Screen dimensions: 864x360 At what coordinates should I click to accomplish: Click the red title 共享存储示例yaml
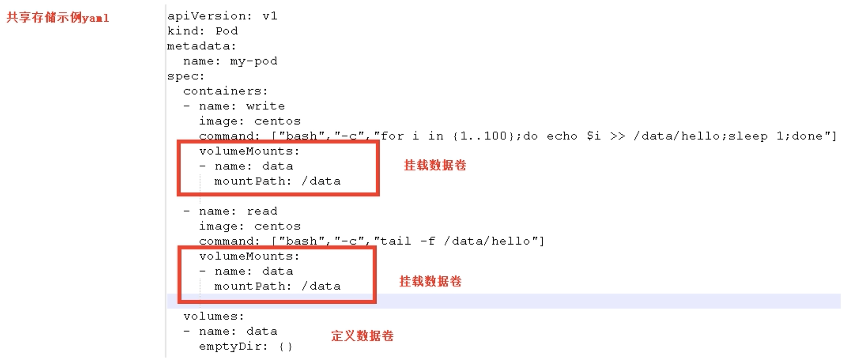coord(58,17)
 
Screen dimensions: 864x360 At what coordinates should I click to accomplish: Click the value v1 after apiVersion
coord(270,16)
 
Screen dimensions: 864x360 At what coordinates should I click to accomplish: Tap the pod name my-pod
coord(253,61)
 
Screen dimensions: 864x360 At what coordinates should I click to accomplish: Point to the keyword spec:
coord(186,76)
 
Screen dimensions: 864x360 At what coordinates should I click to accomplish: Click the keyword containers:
coord(225,91)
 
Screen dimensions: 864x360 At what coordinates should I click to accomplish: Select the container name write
coord(265,106)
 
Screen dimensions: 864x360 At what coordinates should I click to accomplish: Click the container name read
coord(262,211)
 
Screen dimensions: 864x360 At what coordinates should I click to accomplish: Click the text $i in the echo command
coord(593,136)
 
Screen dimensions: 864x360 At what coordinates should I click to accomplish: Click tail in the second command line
coord(395,241)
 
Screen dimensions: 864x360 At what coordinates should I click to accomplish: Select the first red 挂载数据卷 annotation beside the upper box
coord(435,165)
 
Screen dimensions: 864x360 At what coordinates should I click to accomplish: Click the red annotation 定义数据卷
coord(362,336)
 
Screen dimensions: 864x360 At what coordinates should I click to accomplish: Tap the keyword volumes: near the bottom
coord(214,316)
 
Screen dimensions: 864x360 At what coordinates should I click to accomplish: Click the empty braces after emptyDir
coord(285,347)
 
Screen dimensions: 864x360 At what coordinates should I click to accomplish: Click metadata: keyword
coord(202,46)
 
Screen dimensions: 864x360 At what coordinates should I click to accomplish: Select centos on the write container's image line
coord(277,121)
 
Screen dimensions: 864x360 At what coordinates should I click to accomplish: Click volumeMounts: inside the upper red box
coord(249,151)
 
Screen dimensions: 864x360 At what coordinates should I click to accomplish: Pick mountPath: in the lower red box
coord(253,286)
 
